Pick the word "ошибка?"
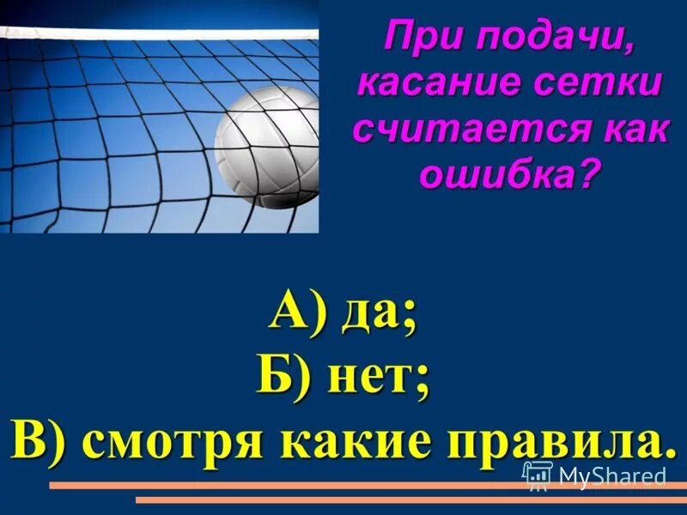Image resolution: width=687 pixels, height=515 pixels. pyautogui.click(x=508, y=176)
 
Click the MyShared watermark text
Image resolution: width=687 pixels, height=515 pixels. pyautogui.click(x=611, y=475)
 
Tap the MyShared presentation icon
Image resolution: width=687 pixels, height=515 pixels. pyautogui.click(x=537, y=474)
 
